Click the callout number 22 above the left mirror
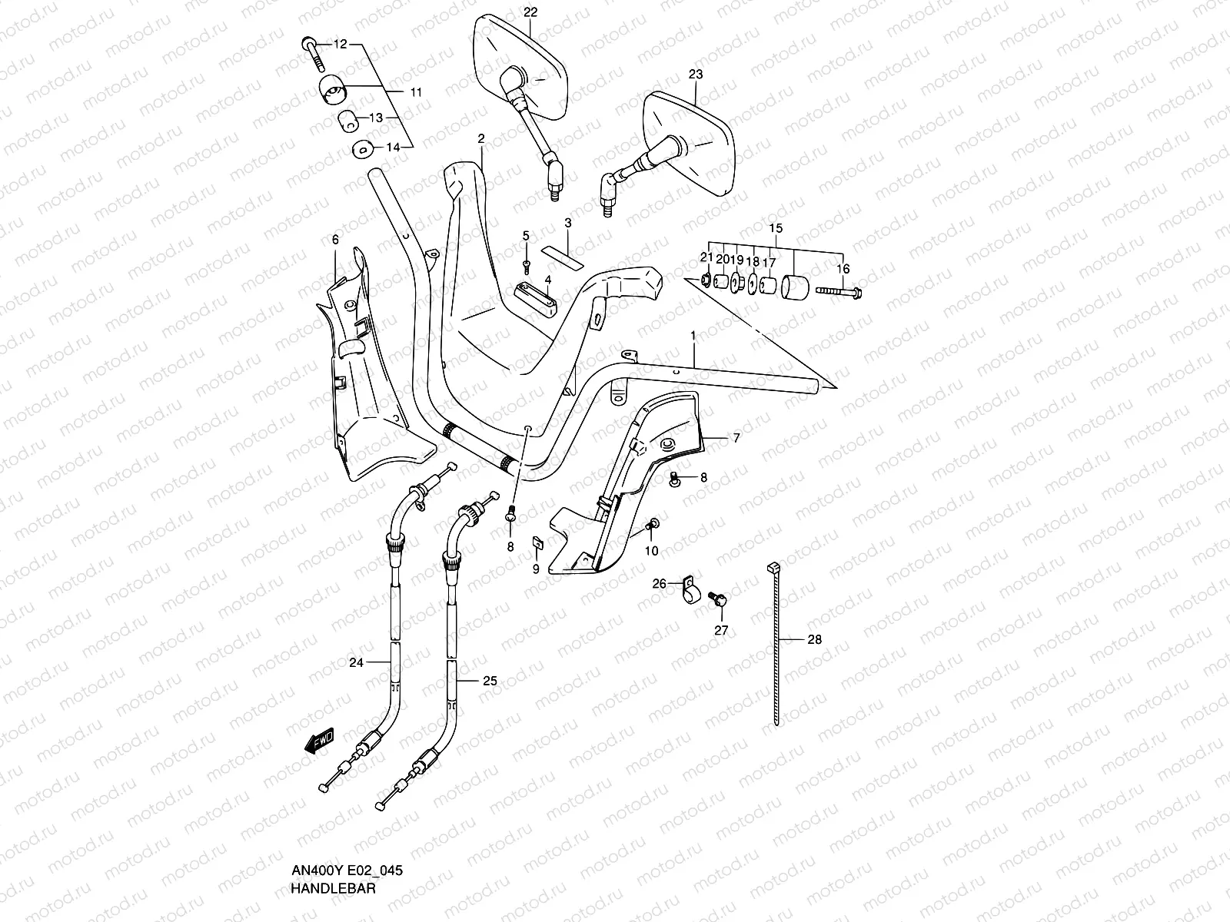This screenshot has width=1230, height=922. pos(531,12)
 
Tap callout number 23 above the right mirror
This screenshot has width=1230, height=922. pos(696,75)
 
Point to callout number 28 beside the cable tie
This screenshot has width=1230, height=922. pos(814,639)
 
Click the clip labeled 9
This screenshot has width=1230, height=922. pos(539,543)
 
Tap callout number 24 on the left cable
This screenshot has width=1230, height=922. pos(356,662)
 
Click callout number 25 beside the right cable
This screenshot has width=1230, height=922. pos(490,681)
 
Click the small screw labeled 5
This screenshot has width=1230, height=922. pos(527,264)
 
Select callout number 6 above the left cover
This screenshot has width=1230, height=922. pos(335,240)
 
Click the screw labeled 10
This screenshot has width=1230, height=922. pos(653,525)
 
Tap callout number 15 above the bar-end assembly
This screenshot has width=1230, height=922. pos(776,228)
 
